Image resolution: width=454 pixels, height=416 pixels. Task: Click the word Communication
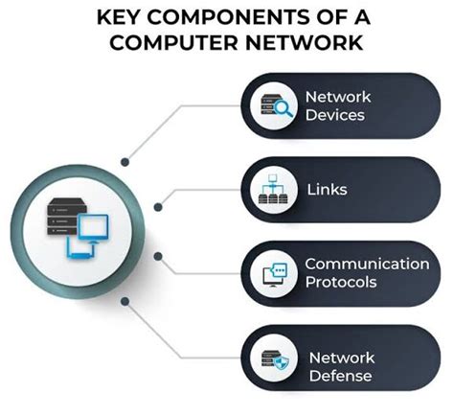(367, 264)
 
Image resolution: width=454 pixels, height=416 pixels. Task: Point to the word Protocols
(340, 283)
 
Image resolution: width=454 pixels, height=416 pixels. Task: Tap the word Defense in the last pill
(339, 375)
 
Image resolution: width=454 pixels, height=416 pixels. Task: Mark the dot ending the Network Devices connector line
(125, 163)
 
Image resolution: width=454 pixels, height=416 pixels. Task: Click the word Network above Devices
(337, 97)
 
